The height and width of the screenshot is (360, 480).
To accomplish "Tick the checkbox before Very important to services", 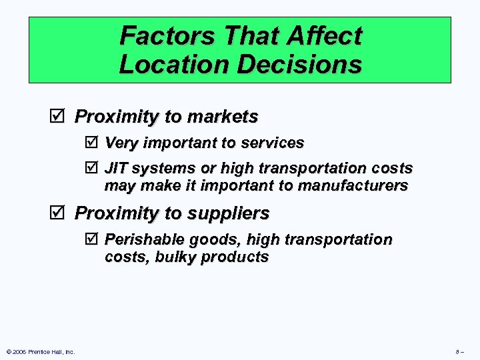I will (x=92, y=143).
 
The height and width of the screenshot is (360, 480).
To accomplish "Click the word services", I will (x=273, y=143).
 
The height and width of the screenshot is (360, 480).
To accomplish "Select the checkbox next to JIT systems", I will (x=92, y=168).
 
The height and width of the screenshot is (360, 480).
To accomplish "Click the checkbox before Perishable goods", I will (x=92, y=239).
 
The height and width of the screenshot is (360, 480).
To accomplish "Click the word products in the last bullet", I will (x=235, y=257).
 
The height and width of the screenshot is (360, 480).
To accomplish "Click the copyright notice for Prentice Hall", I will (x=40, y=351).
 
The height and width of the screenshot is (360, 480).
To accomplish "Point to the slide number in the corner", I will (x=459, y=351).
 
